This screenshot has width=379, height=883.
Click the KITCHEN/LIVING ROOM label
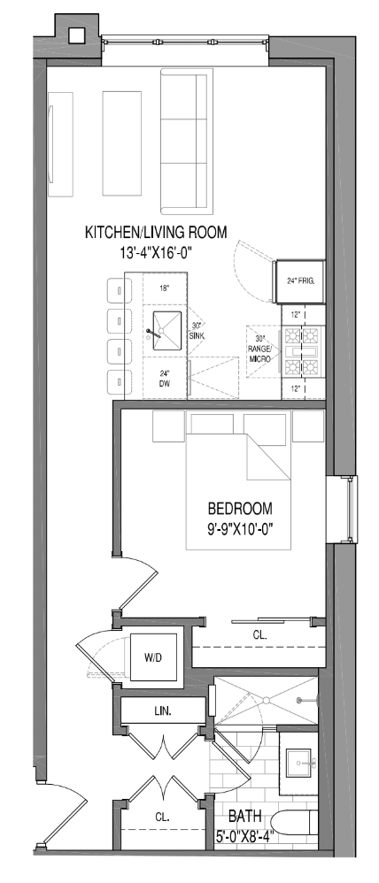[156, 233]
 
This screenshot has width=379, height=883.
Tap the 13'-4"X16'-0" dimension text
[156, 252]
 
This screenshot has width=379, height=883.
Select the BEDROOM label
[240, 510]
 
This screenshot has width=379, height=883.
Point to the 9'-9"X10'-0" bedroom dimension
[240, 531]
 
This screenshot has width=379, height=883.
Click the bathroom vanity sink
[297, 760]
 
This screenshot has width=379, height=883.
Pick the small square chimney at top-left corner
[75, 35]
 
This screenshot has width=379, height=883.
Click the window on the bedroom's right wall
[352, 509]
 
